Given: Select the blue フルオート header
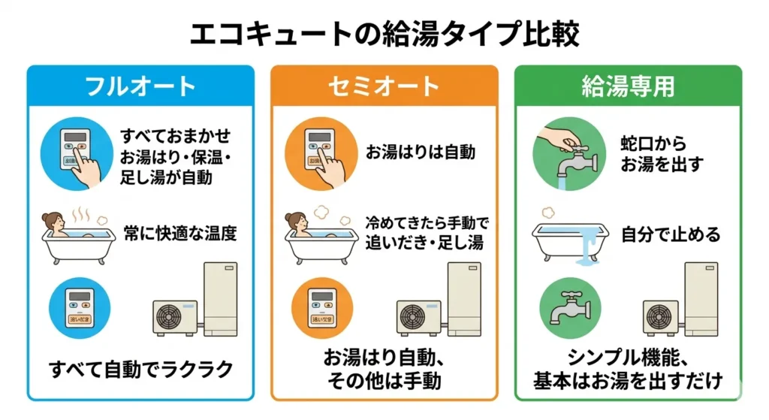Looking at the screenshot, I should (x=141, y=86).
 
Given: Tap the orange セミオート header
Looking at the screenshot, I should (x=384, y=86).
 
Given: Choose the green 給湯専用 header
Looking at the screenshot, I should (x=628, y=86).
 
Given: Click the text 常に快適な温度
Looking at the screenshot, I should (x=180, y=234).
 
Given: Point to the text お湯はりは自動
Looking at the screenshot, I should (x=421, y=152).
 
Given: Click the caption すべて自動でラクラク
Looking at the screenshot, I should (x=141, y=369).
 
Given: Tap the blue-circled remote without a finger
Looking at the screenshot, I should (x=80, y=309).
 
